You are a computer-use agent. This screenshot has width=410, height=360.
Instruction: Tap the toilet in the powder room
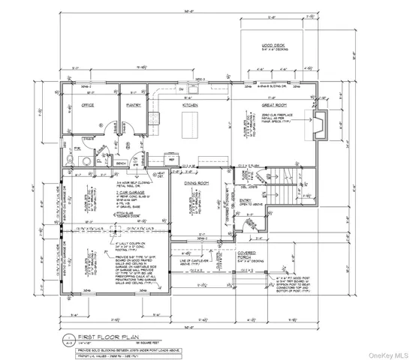85,160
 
